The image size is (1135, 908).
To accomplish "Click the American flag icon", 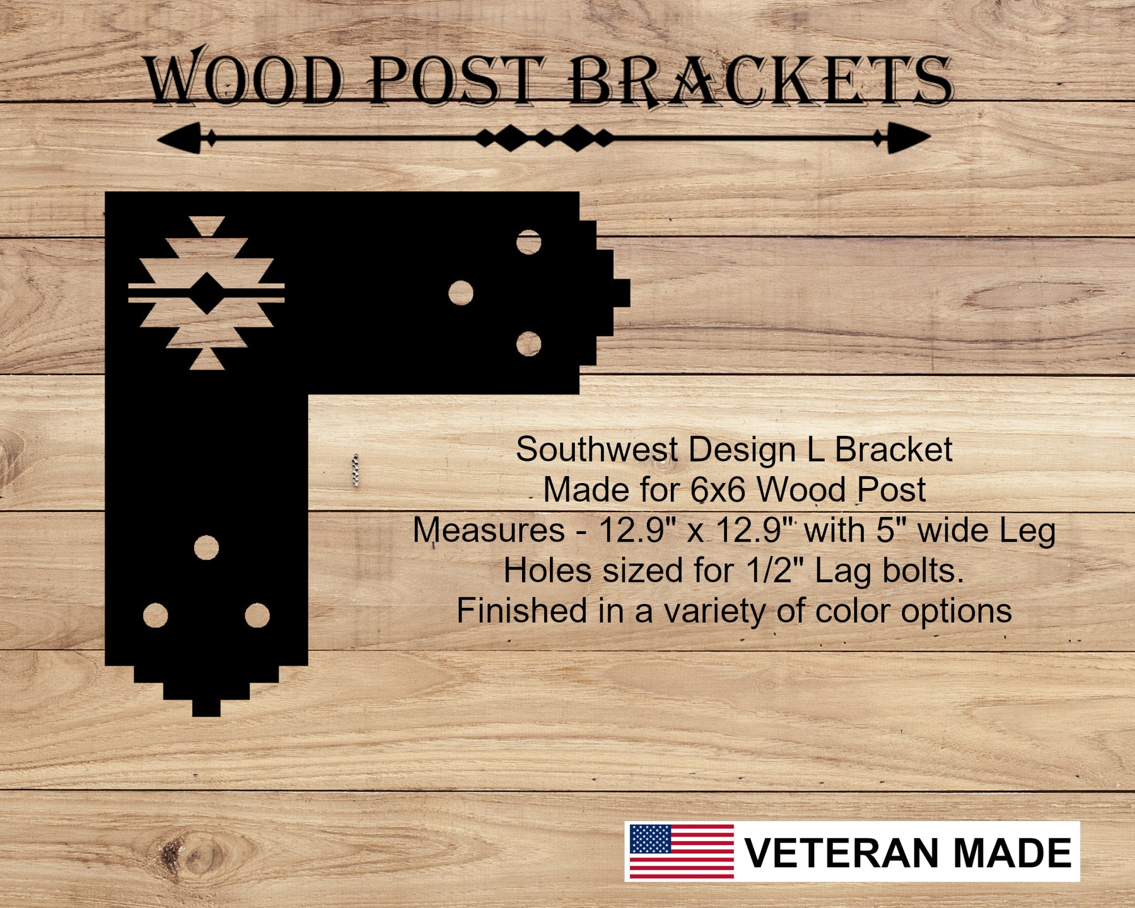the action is tap(682, 851).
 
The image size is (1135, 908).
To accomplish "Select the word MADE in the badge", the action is tap(1013, 853).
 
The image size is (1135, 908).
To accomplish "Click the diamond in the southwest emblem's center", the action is tap(206, 293).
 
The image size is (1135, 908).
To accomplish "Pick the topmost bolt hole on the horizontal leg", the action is tap(528, 242).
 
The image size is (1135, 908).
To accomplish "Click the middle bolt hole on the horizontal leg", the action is tap(461, 293).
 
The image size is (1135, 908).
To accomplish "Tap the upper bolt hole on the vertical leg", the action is tap(206, 548).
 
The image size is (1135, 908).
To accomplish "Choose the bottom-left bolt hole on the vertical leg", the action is tap(156, 615).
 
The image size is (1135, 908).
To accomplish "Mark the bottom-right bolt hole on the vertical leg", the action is tap(257, 615).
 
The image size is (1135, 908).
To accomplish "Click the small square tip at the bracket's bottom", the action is tap(206, 708).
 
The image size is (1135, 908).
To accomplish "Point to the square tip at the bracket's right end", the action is tap(622, 293).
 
